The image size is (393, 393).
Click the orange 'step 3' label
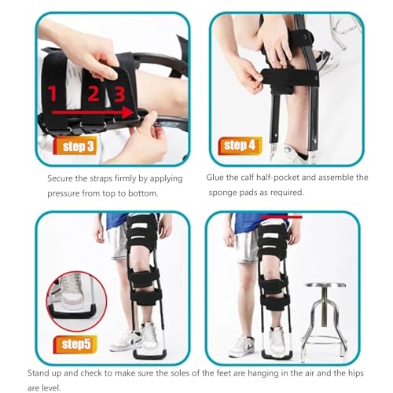(75, 145)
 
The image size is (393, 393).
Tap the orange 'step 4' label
(241, 145)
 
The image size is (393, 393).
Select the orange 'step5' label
(75, 344)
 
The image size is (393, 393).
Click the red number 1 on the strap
(52, 94)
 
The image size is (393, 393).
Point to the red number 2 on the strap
(94, 94)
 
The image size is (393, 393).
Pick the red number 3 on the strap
(119, 94)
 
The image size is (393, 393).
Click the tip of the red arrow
(135, 112)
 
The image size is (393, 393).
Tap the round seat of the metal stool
(325, 285)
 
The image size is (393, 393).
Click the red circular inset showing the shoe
(76, 301)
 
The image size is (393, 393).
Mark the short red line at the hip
(281, 217)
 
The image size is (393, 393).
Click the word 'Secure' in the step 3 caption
(61, 178)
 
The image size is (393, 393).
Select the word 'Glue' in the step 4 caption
(215, 178)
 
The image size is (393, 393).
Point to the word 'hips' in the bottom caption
(356, 373)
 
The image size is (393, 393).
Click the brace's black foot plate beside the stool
(277, 355)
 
